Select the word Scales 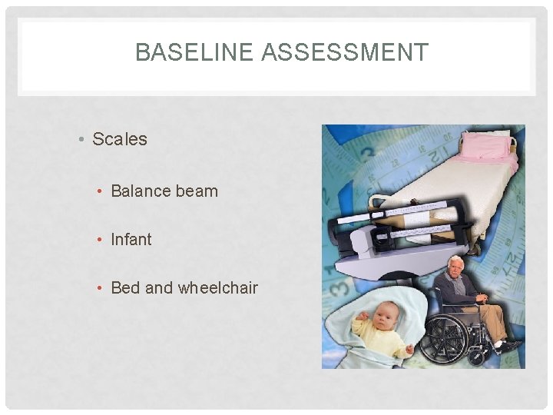click(x=119, y=139)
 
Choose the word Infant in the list click(x=131, y=239)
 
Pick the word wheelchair click(x=218, y=287)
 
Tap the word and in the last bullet click(x=159, y=287)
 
